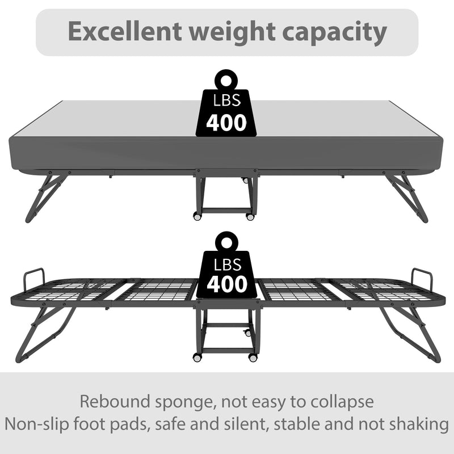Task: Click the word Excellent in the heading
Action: click(125, 31)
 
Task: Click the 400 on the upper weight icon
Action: click(226, 123)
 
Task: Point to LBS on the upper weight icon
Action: click(226, 100)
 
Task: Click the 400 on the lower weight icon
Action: click(226, 284)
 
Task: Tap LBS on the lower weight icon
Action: click(228, 264)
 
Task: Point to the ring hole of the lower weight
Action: click(226, 242)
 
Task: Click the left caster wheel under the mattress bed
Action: click(197, 217)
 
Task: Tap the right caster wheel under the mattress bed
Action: click(250, 217)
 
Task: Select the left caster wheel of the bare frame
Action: click(197, 358)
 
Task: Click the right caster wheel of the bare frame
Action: click(253, 358)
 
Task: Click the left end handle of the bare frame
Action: click(34, 276)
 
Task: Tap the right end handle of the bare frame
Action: click(422, 277)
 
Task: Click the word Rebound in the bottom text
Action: click(115, 402)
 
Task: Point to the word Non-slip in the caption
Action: click(37, 424)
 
